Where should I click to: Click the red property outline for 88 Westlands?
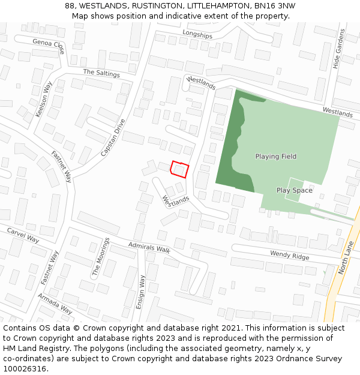click(x=179, y=170)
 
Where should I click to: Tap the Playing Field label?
click(x=276, y=157)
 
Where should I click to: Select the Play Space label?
click(x=294, y=190)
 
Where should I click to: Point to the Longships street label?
click(x=197, y=35)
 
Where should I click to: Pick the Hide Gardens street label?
click(x=340, y=49)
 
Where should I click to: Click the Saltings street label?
click(x=101, y=73)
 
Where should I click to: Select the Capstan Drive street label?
click(x=113, y=138)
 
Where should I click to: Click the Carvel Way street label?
click(x=23, y=235)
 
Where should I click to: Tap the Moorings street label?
click(x=100, y=257)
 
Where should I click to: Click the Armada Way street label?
click(x=55, y=304)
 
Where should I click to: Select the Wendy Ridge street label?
click(x=289, y=255)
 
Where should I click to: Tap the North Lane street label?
click(x=347, y=257)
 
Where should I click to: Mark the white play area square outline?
click(x=295, y=189)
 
